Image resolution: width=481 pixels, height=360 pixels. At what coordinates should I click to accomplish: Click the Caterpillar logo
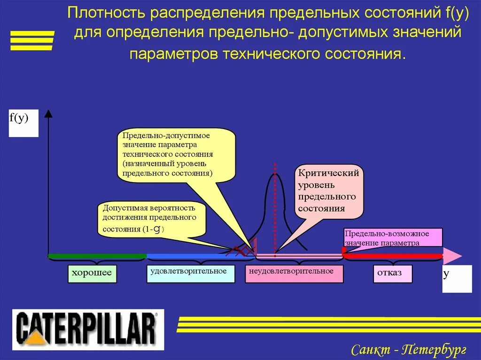pyautogui.click(x=88, y=329)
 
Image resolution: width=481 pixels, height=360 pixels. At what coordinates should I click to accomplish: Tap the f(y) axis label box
pyautogui.click(x=23, y=123)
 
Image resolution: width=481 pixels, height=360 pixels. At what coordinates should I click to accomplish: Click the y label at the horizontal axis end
pyautogui.click(x=457, y=278)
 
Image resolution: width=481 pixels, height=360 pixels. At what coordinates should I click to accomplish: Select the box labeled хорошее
pyautogui.click(x=92, y=274)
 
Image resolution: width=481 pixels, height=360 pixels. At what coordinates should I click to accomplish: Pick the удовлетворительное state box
pyautogui.click(x=190, y=274)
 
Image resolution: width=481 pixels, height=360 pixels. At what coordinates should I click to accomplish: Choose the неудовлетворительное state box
pyautogui.click(x=294, y=274)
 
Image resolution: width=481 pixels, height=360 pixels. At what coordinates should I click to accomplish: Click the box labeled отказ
pyautogui.click(x=393, y=274)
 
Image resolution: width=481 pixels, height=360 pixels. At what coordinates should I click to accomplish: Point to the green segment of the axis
pyautogui.click(x=97, y=256)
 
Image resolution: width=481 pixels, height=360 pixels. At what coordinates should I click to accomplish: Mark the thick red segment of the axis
pyautogui.click(x=392, y=256)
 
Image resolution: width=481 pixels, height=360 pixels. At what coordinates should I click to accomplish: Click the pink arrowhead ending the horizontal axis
pyautogui.click(x=452, y=256)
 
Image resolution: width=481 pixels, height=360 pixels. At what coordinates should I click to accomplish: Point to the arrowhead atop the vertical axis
pyautogui.click(x=48, y=113)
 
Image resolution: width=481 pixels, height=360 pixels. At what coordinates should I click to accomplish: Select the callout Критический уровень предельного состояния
pyautogui.click(x=329, y=191)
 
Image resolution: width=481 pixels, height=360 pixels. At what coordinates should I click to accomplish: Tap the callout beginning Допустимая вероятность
pyautogui.click(x=152, y=219)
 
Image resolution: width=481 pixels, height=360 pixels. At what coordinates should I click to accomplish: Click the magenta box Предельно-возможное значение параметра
pyautogui.click(x=393, y=237)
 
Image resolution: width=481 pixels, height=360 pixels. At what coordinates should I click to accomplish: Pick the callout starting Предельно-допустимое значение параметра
pyautogui.click(x=176, y=154)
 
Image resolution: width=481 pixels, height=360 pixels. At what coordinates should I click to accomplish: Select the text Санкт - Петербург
pyautogui.click(x=408, y=349)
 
